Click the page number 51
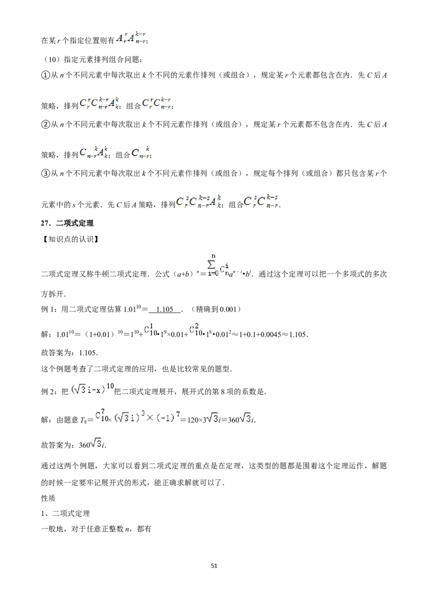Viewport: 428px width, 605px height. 214,565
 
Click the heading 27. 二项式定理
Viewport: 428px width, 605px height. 67,223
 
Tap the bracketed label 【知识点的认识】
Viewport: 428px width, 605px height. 70,239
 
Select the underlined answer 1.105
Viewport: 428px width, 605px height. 165,309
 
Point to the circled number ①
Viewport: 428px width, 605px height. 45,76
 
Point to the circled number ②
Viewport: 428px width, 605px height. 45,125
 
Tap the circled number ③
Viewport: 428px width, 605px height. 45,174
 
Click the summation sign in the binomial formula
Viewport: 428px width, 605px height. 212,265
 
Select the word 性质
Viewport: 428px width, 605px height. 48,498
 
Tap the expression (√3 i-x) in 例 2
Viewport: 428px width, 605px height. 88,390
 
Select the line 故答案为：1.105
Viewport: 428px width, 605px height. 70,353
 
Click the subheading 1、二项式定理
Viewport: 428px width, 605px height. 65,514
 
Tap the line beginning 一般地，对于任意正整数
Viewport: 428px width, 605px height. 96,529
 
